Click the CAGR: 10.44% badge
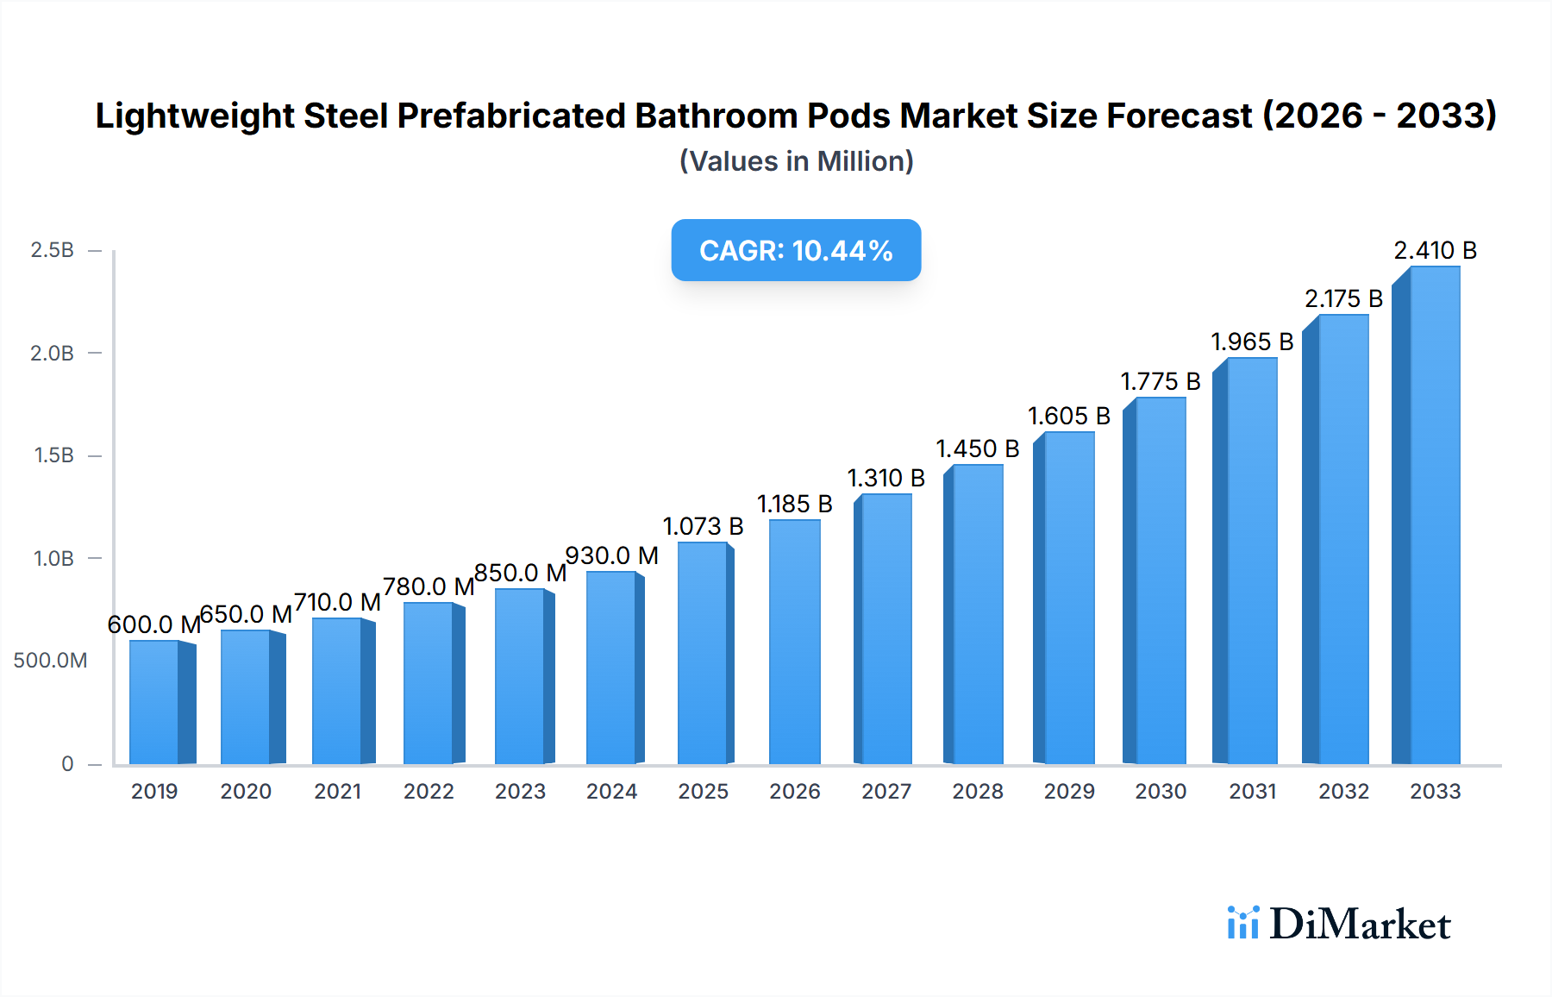796,250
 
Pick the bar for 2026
794,643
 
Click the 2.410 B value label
1435,250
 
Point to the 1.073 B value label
703,526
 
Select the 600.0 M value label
153,624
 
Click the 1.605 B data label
1068,416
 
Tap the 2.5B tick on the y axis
52,250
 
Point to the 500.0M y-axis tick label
50,661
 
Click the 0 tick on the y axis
67,764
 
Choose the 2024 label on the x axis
611,792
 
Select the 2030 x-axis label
1161,792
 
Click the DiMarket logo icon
1242,923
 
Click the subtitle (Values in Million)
796,161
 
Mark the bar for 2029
1069,599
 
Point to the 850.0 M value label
520,573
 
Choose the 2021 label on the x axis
337,792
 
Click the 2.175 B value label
1343,298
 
